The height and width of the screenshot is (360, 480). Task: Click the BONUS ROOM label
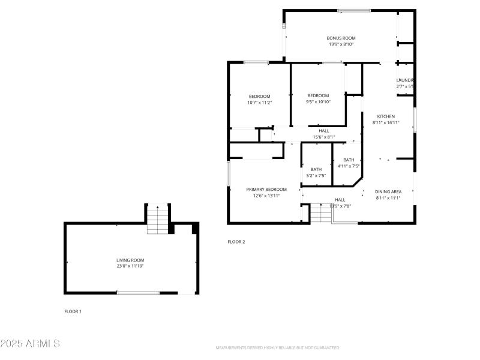tap(341, 38)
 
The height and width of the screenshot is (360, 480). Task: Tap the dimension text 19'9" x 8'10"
tap(341, 44)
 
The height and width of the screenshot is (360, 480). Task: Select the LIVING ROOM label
tap(130, 260)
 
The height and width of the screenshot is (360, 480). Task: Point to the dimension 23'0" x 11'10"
tap(130, 266)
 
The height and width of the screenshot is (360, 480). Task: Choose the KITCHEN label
tap(386, 116)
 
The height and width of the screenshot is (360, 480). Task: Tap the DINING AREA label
tap(388, 191)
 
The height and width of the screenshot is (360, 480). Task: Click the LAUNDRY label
tap(405, 80)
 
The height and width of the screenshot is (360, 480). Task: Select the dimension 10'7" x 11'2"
tap(260, 103)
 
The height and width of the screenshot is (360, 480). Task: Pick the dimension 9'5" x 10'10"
tap(318, 102)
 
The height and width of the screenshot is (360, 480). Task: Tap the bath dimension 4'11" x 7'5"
tap(349, 166)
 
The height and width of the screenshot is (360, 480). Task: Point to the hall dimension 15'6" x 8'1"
tap(324, 137)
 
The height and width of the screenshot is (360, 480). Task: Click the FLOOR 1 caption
tap(73, 311)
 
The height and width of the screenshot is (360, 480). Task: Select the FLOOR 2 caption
tap(236, 242)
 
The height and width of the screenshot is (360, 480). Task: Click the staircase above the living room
tap(158, 220)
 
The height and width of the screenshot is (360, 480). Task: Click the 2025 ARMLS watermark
tap(30, 344)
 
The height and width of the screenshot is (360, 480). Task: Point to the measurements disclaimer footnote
tap(278, 348)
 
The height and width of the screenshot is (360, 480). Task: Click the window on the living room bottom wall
tap(138, 293)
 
